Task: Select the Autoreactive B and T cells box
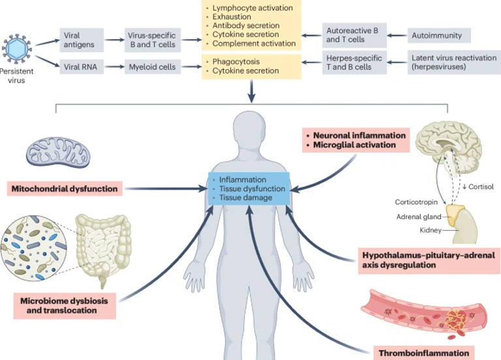coord(352,35)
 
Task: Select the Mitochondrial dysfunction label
coord(65,189)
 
